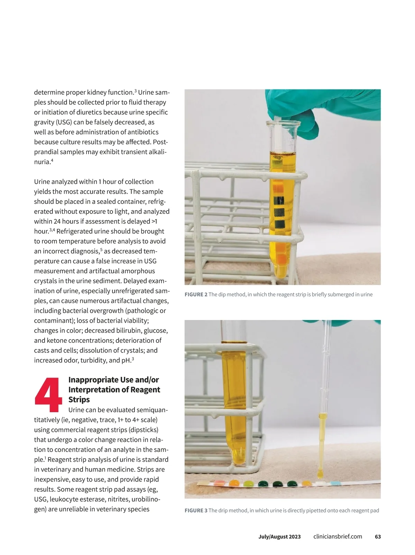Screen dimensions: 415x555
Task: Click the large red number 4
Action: (48, 395)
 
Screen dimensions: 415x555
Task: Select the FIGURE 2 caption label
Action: (196, 294)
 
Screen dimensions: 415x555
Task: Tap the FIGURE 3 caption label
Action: (196, 510)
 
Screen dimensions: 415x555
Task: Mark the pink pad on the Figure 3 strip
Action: (218, 483)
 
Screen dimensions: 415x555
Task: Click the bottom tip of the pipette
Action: (320, 477)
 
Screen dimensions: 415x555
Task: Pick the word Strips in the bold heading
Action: (79, 399)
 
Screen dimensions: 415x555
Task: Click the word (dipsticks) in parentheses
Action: (140, 430)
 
